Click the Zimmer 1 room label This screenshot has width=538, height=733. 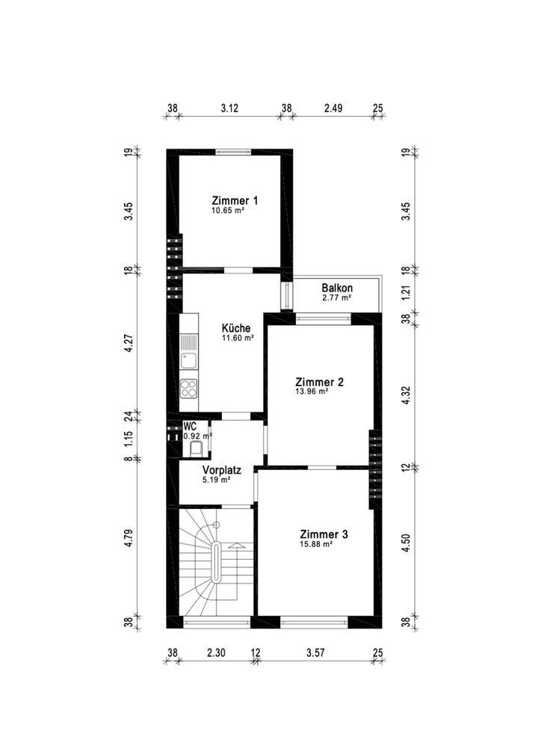point(235,200)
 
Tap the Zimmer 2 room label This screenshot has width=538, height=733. point(319,382)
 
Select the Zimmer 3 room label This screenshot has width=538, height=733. point(324,534)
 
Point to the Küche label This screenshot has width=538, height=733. point(236,328)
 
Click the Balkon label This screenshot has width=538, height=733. point(337,288)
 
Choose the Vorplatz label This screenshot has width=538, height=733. point(221,471)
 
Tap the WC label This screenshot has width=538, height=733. point(190,426)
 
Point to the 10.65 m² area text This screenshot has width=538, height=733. point(229,211)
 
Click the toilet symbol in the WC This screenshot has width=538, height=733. point(197,448)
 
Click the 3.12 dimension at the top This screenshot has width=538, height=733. point(229,108)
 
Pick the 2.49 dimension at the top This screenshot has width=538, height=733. point(333,108)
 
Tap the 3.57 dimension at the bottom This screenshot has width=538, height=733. point(317,652)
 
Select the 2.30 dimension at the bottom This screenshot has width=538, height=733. point(216,652)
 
